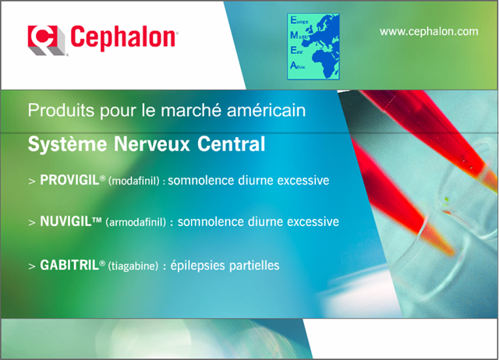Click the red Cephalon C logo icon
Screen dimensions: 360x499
(x=44, y=38)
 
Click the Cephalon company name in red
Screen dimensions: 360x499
(x=122, y=37)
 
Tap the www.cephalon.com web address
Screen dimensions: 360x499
(x=428, y=31)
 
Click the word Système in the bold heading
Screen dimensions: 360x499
(x=59, y=145)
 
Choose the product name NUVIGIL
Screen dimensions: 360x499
(x=65, y=222)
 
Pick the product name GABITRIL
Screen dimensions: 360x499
(x=69, y=266)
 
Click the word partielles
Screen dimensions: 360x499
(x=252, y=266)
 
